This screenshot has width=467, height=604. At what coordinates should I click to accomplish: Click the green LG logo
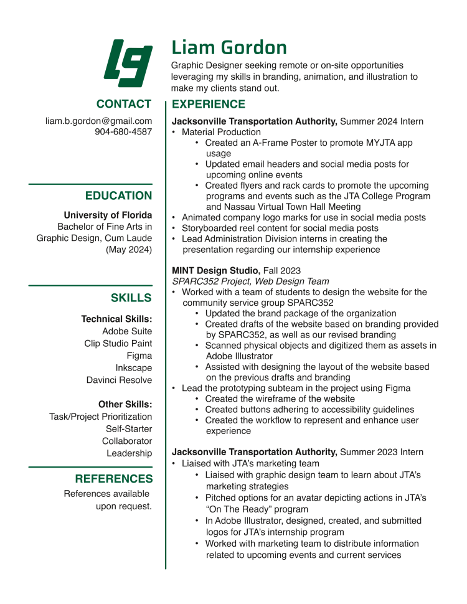pyautogui.click(x=127, y=63)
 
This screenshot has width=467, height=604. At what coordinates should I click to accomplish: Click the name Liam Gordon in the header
pyautogui.click(x=229, y=47)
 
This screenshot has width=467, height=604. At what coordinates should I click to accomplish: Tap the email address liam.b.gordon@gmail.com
pyautogui.click(x=98, y=121)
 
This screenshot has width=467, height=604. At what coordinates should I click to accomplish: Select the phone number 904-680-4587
pyautogui.click(x=123, y=132)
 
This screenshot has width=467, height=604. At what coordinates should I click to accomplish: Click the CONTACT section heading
pyautogui.click(x=123, y=104)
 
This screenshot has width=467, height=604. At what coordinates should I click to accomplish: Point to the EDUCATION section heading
pyautogui.click(x=118, y=196)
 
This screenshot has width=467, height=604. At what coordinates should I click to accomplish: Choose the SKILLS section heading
pyautogui.click(x=131, y=298)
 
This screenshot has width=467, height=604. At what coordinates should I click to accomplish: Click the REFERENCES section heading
pyautogui.click(x=113, y=479)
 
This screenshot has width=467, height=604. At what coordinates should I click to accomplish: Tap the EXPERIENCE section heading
pyautogui.click(x=209, y=104)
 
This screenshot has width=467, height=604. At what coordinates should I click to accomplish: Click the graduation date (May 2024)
pyautogui.click(x=129, y=249)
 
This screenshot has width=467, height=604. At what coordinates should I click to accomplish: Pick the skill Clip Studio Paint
pyautogui.click(x=118, y=343)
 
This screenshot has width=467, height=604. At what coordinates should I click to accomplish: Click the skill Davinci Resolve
pyautogui.click(x=119, y=380)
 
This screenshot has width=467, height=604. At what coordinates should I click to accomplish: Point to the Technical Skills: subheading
pyautogui.click(x=116, y=319)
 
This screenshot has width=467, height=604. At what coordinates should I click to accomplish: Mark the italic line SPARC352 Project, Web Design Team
pyautogui.click(x=250, y=281)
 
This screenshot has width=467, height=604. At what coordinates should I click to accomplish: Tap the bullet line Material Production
pyautogui.click(x=221, y=132)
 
